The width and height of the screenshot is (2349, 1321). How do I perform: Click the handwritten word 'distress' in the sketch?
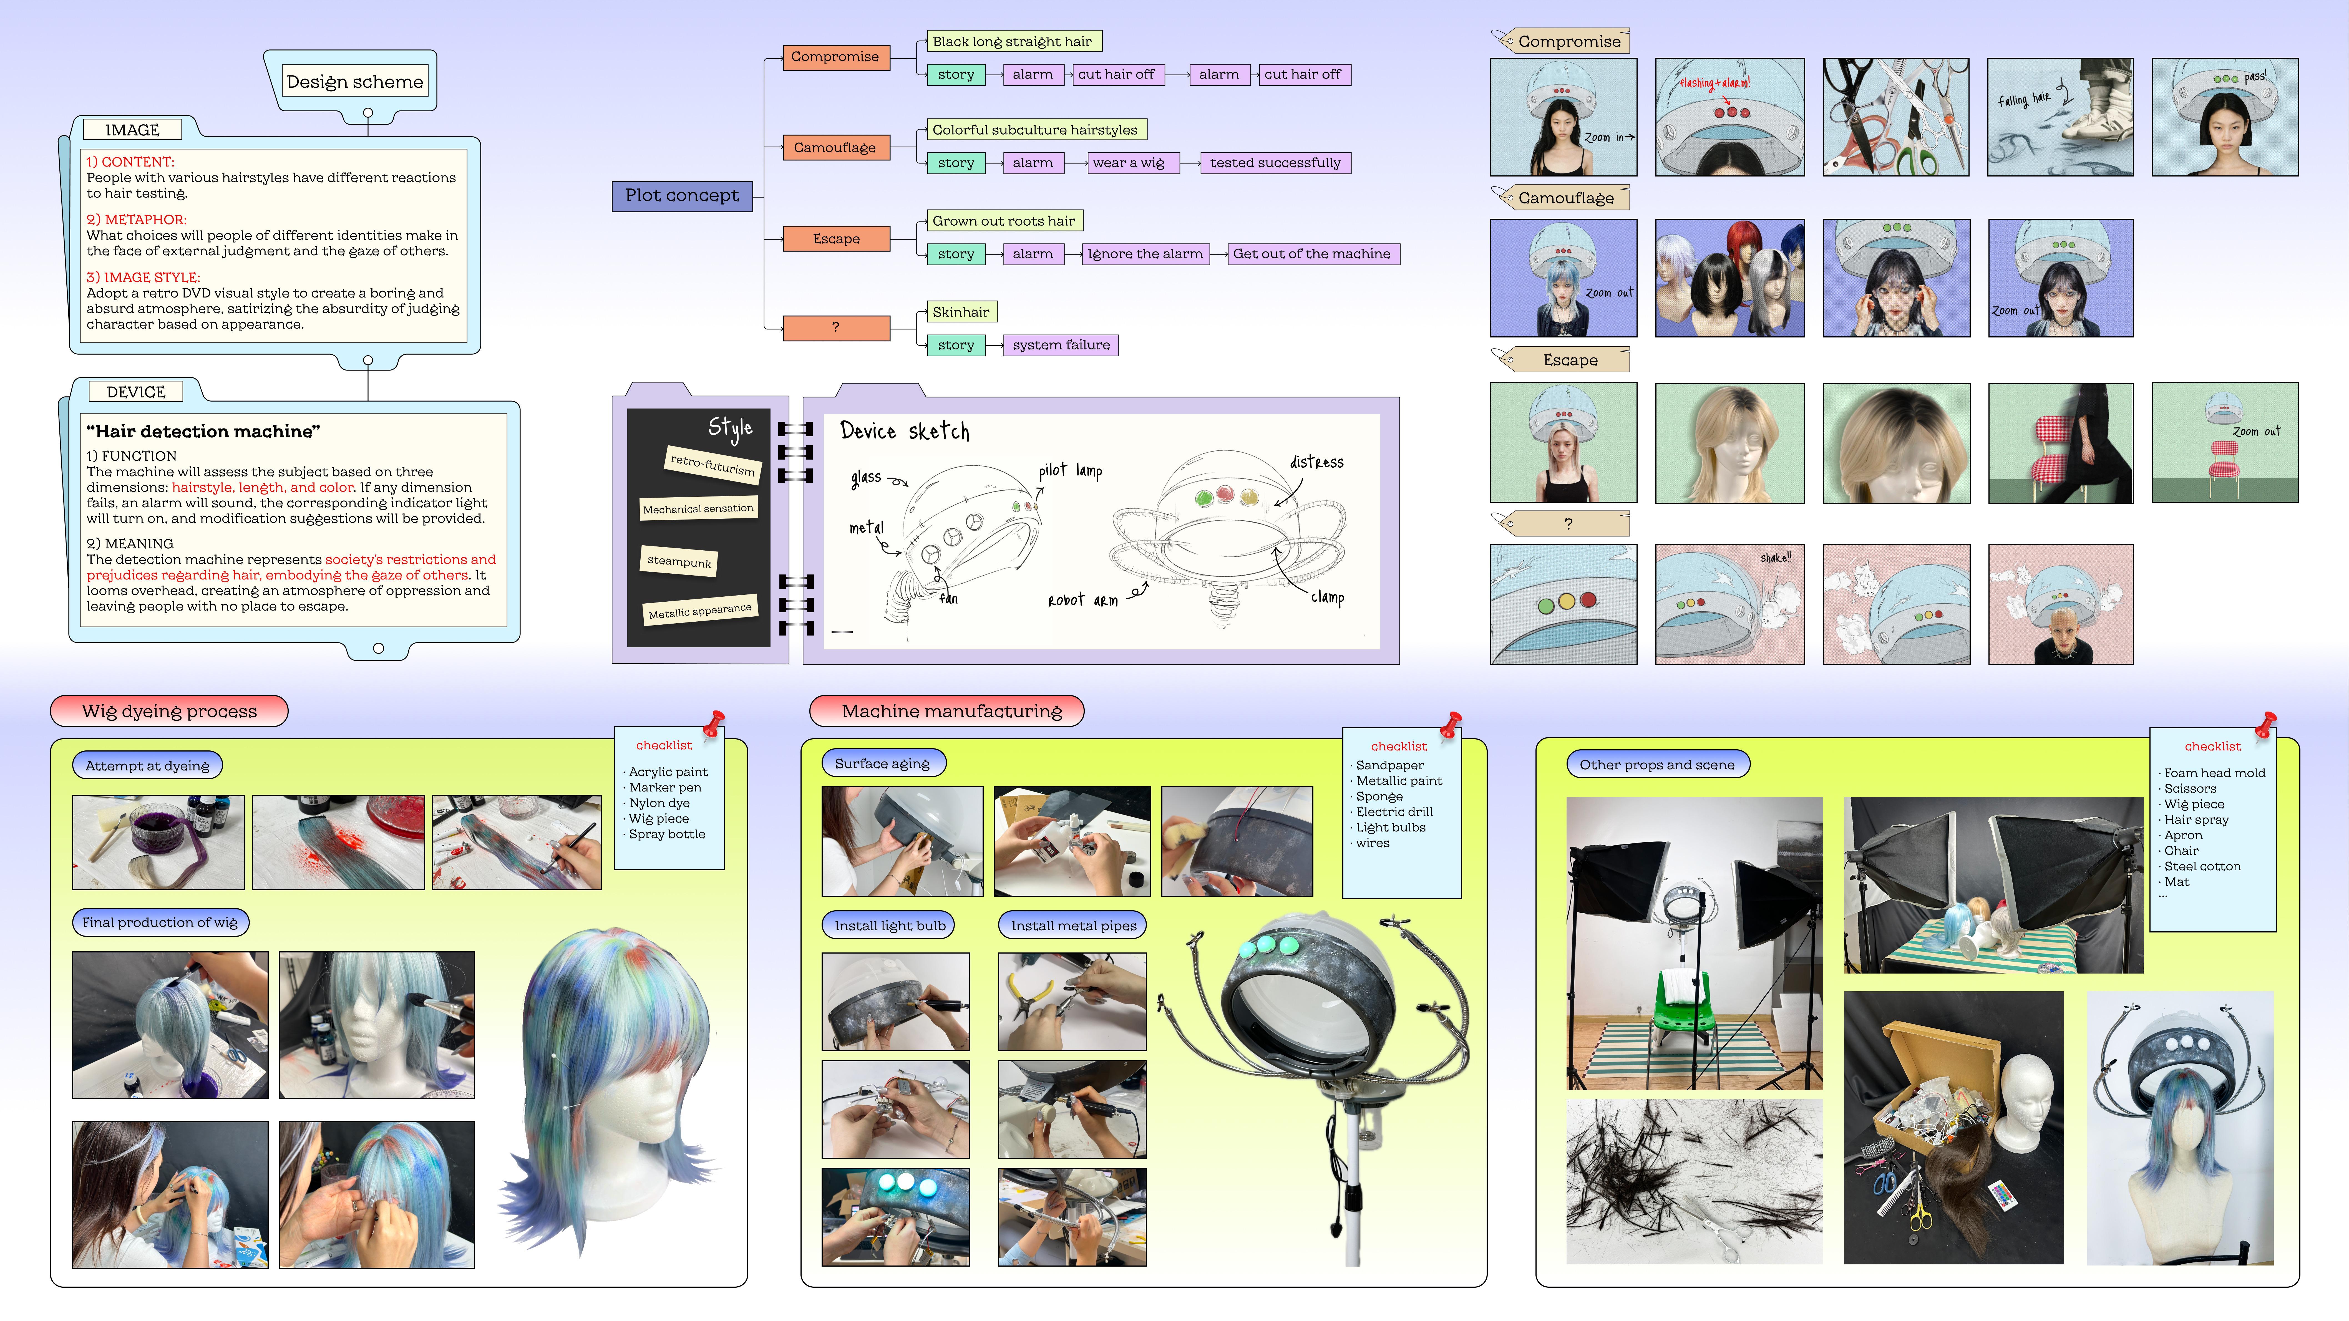[x=1316, y=462]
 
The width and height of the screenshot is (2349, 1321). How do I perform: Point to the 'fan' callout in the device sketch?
[x=948, y=599]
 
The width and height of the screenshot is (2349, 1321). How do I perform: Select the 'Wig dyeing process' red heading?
[x=170, y=711]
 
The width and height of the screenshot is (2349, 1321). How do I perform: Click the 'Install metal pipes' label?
[x=1073, y=925]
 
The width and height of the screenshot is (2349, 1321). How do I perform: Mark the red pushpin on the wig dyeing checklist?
[x=714, y=723]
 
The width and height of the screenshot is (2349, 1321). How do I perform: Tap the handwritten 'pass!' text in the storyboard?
[x=2255, y=77]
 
